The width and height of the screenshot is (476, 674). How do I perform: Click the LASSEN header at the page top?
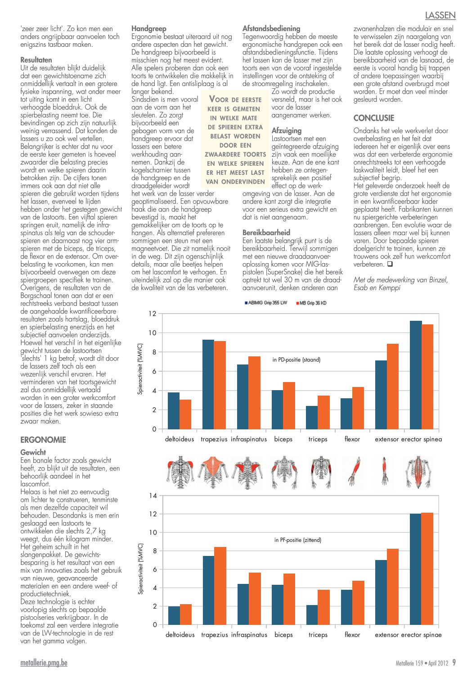(440, 15)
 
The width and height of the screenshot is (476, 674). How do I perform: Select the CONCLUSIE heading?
(373, 118)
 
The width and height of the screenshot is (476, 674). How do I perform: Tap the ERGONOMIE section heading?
(43, 440)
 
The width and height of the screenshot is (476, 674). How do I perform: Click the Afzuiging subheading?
(287, 131)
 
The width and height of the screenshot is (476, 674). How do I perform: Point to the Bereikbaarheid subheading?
(266, 232)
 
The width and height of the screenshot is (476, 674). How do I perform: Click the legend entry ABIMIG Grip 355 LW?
(266, 303)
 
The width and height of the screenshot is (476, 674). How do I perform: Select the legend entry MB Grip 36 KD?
(311, 303)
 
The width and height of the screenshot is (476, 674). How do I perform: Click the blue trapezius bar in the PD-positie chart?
(208, 384)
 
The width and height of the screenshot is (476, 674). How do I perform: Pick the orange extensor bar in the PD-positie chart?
(392, 387)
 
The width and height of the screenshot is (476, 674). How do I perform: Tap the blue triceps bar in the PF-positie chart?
(312, 615)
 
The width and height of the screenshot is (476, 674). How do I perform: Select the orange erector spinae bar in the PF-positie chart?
(427, 569)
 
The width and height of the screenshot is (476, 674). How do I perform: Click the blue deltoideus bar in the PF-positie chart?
(174, 615)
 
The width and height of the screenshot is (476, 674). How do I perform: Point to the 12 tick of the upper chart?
(153, 314)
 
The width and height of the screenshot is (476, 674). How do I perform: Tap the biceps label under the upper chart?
(283, 439)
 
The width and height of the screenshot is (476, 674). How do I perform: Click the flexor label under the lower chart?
(352, 635)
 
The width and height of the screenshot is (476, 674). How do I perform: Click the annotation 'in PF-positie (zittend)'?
(297, 540)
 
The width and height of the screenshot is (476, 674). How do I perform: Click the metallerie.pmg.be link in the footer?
(44, 663)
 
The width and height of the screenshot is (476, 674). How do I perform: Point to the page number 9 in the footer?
(454, 662)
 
